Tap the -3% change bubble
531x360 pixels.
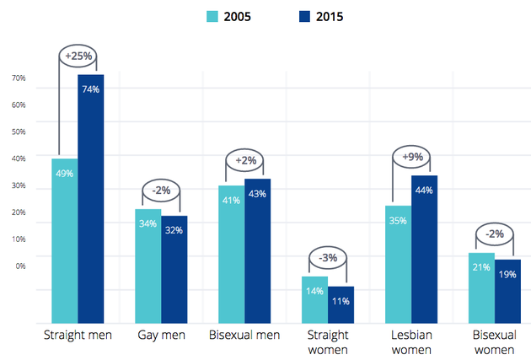(x=329, y=257)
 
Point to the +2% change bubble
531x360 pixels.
(x=245, y=160)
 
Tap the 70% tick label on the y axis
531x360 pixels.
(x=19, y=78)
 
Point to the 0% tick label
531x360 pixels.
(x=20, y=266)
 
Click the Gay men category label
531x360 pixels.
(x=161, y=336)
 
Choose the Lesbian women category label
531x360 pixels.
(x=411, y=342)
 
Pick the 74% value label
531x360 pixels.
(x=91, y=89)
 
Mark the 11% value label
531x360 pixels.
(x=341, y=301)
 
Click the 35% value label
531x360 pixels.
(x=398, y=221)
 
